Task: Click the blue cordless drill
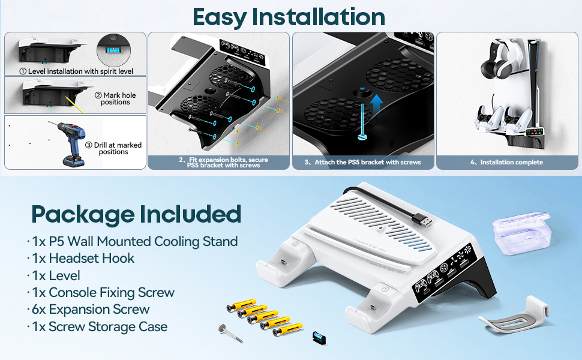[73, 143]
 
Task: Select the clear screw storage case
[521, 233]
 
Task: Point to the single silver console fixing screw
[230, 333]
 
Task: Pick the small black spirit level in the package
[319, 337]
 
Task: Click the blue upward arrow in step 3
[376, 104]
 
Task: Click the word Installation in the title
[318, 17]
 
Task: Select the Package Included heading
[136, 215]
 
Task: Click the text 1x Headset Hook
[83, 259]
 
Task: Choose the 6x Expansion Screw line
[90, 309]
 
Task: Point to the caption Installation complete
[511, 162]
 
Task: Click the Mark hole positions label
[115, 99]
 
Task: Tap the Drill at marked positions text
[113, 148]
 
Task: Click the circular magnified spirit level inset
[113, 50]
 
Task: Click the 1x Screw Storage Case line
[99, 326]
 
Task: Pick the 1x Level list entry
[56, 275]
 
